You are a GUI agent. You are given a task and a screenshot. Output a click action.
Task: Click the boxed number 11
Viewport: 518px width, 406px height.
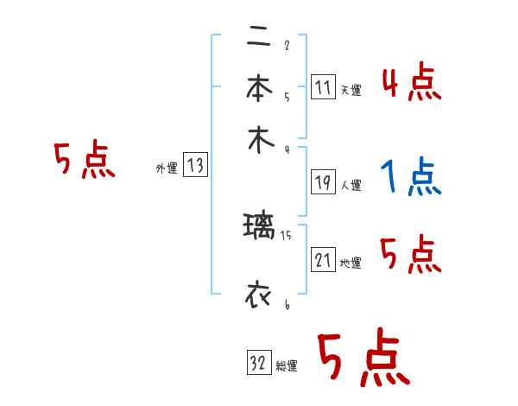[323, 87]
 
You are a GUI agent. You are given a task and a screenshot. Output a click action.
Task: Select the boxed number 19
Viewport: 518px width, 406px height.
[323, 182]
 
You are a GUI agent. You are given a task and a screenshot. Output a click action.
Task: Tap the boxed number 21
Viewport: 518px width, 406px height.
[323, 260]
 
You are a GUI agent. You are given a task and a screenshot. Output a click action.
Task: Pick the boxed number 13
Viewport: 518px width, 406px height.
[195, 166]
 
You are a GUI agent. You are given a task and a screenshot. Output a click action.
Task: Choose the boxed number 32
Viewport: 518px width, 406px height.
[259, 364]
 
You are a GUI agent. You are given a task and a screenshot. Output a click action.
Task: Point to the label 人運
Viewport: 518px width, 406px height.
[351, 185]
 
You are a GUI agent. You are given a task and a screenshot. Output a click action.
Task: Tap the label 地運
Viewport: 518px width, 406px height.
[351, 263]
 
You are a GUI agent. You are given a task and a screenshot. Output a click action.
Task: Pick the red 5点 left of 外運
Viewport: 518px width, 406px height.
[85, 162]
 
